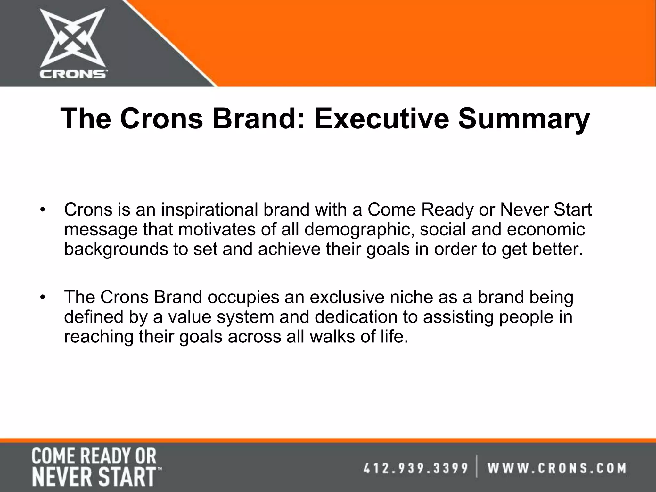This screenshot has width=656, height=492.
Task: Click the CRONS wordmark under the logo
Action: [x=73, y=74]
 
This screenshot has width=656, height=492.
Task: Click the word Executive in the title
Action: [x=382, y=119]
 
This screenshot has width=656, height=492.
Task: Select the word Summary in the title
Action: [x=524, y=119]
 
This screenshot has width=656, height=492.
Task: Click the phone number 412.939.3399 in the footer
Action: [x=416, y=468]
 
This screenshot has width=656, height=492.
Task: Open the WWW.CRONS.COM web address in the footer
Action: [x=557, y=468]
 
